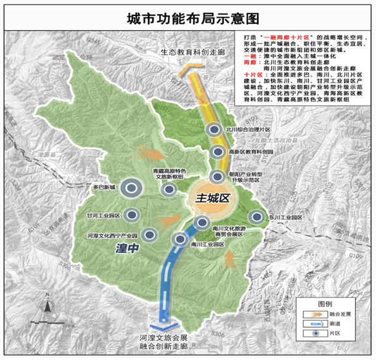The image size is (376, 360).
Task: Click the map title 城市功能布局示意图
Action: [187, 16]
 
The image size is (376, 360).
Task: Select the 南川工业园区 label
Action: [208, 244]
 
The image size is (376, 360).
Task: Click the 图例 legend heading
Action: [325, 304]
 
